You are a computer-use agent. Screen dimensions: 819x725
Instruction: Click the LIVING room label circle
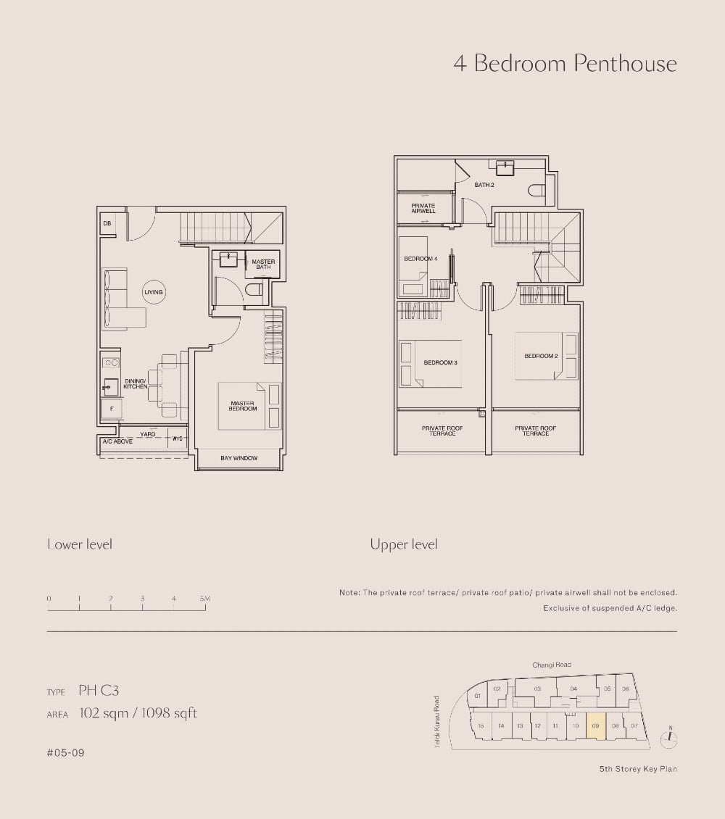click(154, 292)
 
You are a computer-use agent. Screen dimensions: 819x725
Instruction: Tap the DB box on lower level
click(107, 223)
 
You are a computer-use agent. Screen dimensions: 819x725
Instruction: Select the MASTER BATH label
click(263, 265)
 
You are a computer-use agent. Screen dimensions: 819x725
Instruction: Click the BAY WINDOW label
click(239, 458)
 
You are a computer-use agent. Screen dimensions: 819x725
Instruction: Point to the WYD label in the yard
click(177, 438)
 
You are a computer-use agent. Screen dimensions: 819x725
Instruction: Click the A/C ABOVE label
click(117, 441)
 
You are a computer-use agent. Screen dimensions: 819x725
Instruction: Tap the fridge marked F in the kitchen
click(111, 409)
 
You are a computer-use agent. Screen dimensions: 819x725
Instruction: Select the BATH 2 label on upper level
click(484, 185)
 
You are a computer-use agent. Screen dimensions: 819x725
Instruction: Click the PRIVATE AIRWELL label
click(423, 208)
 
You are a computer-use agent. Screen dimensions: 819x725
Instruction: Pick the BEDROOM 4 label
click(420, 259)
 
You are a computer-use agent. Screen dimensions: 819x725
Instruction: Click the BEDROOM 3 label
click(440, 362)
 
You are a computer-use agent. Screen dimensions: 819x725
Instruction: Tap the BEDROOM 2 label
click(541, 356)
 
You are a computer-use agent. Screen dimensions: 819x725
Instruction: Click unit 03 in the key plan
click(537, 689)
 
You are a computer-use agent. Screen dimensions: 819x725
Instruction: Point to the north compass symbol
click(670, 738)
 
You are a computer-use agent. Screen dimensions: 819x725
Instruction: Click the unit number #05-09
click(66, 753)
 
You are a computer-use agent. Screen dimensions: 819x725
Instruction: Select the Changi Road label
click(552, 665)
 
